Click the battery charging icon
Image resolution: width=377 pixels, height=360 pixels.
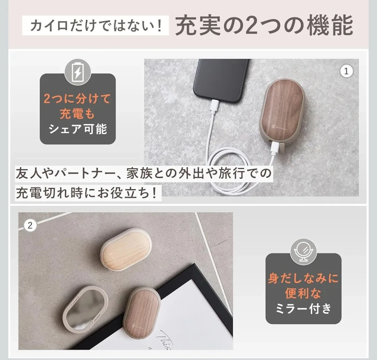click(x=77, y=72)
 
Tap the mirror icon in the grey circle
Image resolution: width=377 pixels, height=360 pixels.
click(x=303, y=252)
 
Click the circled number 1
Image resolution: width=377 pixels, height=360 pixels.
click(x=346, y=71)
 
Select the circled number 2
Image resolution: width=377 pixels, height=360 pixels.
click(x=30, y=226)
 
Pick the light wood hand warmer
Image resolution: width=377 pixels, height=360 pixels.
click(x=126, y=250)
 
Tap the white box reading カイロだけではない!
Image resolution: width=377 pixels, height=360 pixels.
click(x=95, y=26)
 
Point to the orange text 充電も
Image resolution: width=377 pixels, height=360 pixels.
click(x=77, y=114)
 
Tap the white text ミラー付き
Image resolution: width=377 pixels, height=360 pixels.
click(x=303, y=309)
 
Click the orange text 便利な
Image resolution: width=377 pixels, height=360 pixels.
click(x=303, y=293)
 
